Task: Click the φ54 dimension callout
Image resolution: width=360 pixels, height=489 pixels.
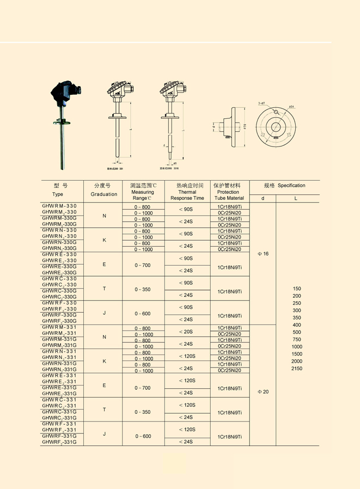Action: (292, 107)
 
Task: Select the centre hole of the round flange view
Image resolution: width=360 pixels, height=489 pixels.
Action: (276, 127)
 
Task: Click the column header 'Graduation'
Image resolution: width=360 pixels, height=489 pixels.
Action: (103, 194)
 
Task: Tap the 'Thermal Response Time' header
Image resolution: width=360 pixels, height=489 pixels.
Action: (187, 195)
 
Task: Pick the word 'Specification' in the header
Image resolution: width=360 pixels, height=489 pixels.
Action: (291, 186)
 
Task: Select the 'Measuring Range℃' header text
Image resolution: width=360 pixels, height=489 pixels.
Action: (143, 195)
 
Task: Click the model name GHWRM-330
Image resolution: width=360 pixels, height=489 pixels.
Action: (59, 206)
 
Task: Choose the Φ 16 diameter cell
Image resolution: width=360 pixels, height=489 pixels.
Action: (263, 254)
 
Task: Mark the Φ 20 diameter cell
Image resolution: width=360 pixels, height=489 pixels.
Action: (263, 392)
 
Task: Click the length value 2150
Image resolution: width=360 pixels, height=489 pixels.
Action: (297, 369)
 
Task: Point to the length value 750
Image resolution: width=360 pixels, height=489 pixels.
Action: (297, 339)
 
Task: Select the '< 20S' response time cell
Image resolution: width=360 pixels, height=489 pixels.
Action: (187, 331)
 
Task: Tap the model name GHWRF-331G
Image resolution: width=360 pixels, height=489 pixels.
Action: (59, 436)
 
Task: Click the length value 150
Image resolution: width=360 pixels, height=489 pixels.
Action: (297, 289)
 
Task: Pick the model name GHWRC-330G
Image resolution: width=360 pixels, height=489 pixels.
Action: (59, 291)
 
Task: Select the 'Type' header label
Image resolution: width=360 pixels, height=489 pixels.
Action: (58, 194)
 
